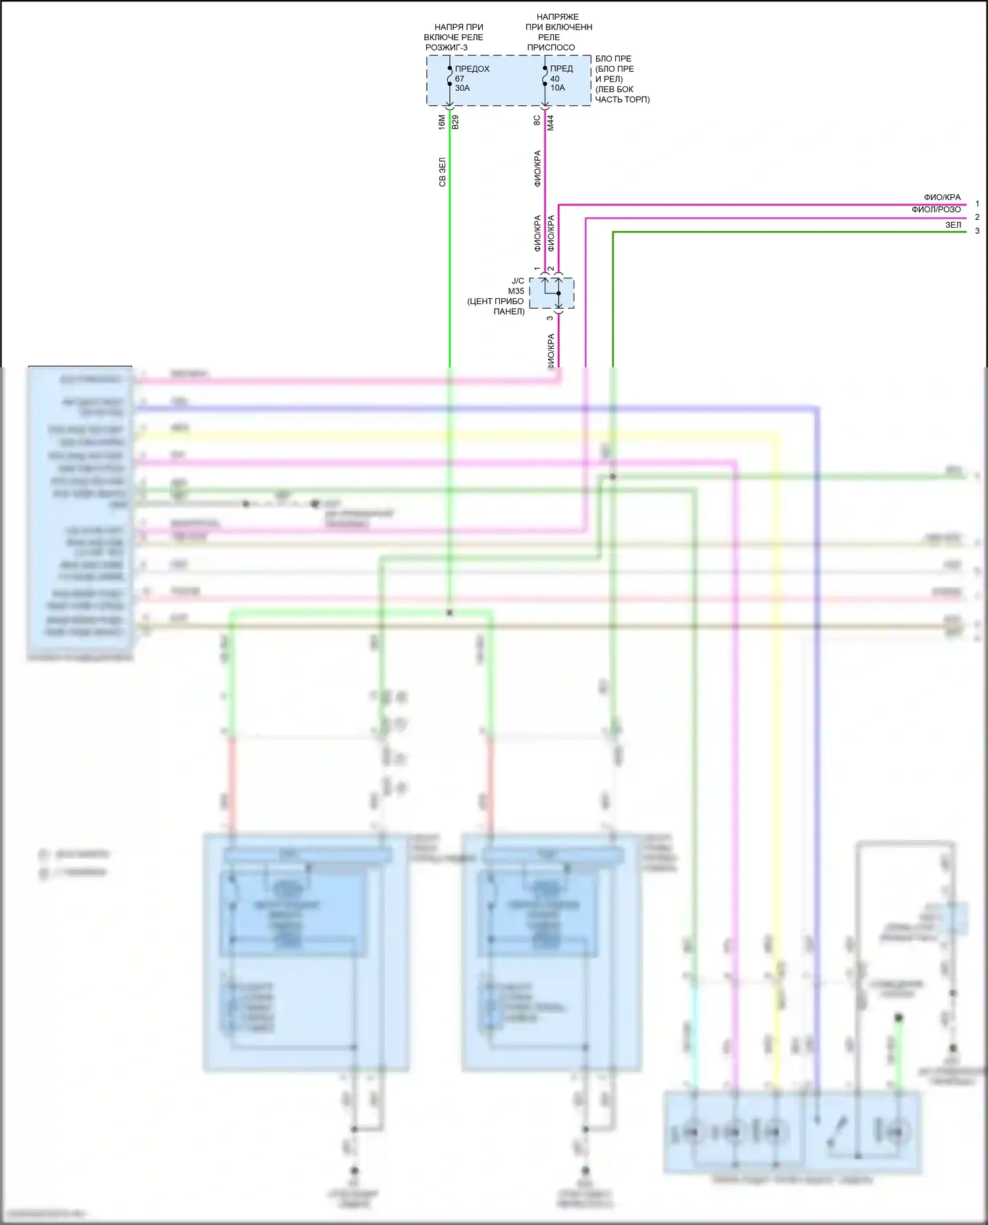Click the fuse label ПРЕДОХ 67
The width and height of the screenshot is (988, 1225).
pos(472,69)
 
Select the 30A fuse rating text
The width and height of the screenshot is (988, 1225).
pos(462,88)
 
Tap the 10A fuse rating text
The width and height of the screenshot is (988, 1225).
pos(557,88)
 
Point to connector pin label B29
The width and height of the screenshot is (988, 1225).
pos(455,122)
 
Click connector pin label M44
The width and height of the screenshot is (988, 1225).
pos(551,122)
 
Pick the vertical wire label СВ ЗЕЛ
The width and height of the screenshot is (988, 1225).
pos(443,172)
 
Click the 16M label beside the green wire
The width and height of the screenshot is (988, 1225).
pos(442,122)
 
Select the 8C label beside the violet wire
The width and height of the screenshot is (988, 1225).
pos(537,120)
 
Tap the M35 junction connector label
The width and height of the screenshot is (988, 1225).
pos(516,291)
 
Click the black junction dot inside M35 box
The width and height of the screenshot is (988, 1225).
pos(559,294)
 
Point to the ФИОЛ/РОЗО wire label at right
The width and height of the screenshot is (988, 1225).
pos(936,210)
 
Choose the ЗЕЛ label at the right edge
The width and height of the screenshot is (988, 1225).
pos(953,225)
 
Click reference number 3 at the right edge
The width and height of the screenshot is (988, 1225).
pos(977,231)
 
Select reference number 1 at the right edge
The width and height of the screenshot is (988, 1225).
pos(977,204)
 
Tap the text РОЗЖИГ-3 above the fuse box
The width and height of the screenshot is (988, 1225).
pos(446,47)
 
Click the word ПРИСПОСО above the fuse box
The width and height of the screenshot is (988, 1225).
pos(551,47)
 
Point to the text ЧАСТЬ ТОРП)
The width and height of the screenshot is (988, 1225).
pos(622,99)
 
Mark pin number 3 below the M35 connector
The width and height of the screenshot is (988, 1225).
pos(550,319)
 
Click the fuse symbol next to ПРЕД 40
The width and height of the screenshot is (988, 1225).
pos(545,78)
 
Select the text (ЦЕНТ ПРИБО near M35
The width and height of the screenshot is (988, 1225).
pos(495,301)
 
